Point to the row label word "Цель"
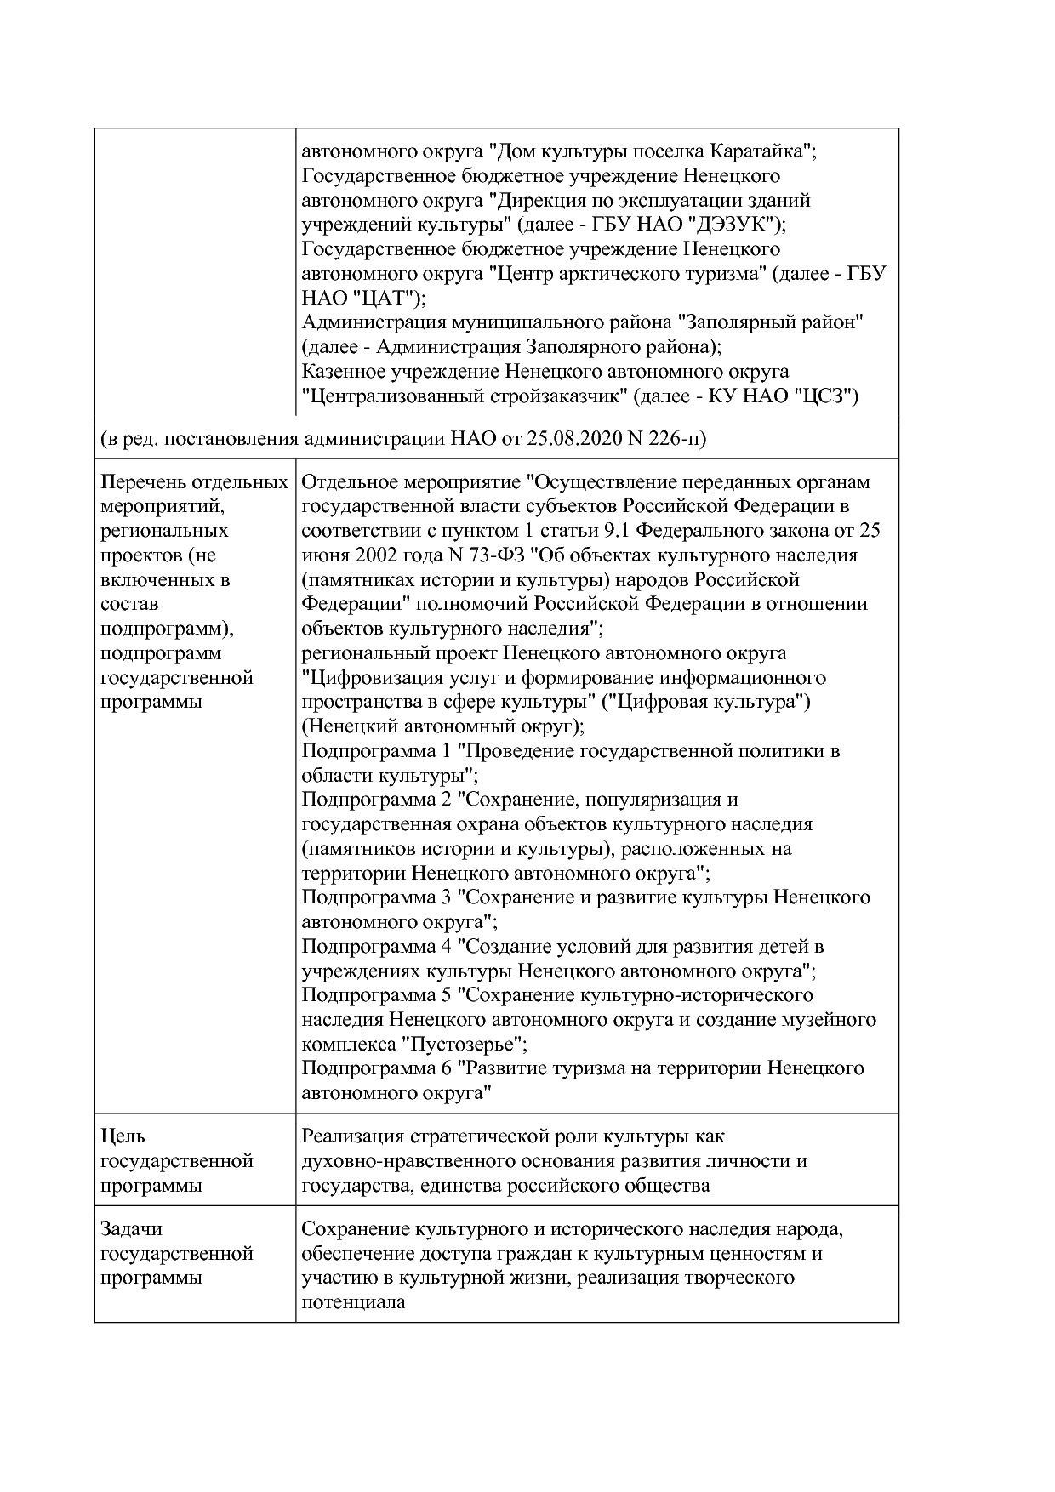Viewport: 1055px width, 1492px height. (123, 1136)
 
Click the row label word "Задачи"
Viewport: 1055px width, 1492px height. (131, 1229)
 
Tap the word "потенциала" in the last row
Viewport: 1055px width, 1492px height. (353, 1302)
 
